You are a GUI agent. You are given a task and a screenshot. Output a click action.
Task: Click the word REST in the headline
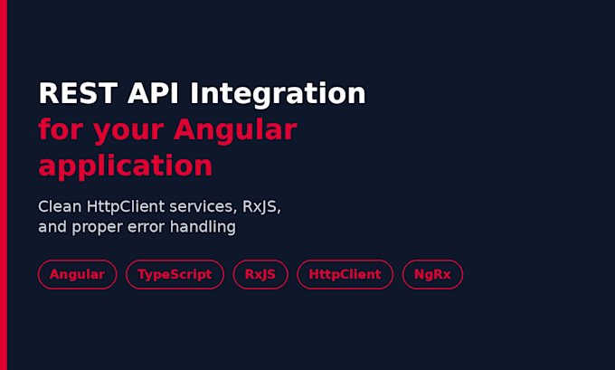click(x=78, y=93)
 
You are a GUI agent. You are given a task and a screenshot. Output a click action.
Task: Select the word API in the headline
click(x=153, y=93)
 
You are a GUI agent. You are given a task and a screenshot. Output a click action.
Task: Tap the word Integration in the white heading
click(x=278, y=94)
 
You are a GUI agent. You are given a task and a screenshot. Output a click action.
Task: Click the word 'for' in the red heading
click(x=61, y=129)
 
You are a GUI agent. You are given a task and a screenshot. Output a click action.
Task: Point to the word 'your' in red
click(x=128, y=131)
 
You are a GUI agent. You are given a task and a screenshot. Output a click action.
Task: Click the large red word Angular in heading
click(x=235, y=130)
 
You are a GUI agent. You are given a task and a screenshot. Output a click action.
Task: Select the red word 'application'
click(x=126, y=166)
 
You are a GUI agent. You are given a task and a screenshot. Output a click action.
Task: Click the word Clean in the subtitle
click(x=60, y=206)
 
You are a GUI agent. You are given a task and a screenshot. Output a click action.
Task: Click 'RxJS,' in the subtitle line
click(x=261, y=207)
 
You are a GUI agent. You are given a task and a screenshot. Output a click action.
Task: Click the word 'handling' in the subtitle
click(x=203, y=227)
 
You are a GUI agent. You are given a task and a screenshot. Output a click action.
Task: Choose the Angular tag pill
click(x=77, y=274)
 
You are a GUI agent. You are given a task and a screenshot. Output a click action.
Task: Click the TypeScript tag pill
click(x=175, y=274)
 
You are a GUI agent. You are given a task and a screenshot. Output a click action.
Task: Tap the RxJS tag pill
click(x=260, y=274)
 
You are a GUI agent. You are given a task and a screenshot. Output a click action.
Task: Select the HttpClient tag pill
click(x=345, y=274)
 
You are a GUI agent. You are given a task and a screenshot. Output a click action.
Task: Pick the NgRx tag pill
click(x=432, y=274)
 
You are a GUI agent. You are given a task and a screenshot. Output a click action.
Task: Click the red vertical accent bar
click(x=4, y=185)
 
